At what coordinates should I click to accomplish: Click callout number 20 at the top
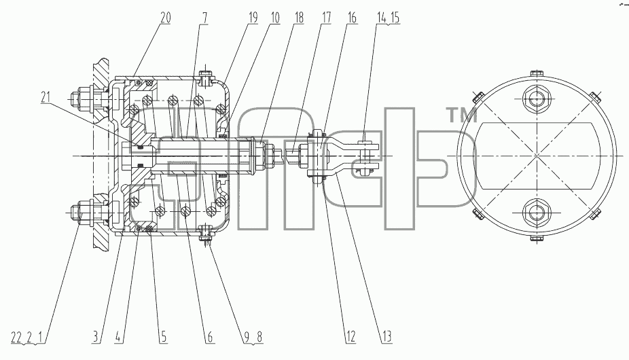point(165,18)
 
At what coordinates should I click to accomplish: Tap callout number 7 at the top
point(205,18)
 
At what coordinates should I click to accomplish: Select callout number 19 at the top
point(252,18)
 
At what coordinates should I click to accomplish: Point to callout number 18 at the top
point(299,18)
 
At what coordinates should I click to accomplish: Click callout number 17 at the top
point(326,18)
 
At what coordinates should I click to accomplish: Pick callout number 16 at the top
point(352,18)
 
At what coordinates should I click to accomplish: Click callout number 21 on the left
point(46,97)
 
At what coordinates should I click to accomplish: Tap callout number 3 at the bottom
point(96,337)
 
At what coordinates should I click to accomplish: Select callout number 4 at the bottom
point(118,337)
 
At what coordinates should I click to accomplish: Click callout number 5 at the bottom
point(164,337)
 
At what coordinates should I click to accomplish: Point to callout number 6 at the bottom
point(210,337)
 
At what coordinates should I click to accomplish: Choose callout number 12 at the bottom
point(351,337)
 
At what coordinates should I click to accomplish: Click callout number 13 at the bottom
point(387,337)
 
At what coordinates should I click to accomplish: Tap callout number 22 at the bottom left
point(16,338)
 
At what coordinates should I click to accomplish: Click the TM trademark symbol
point(462,115)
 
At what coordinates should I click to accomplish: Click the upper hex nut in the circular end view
point(537,98)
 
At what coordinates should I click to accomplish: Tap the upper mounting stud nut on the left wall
point(84,98)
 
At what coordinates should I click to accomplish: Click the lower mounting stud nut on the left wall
point(84,211)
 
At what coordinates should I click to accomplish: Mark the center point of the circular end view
point(537,156)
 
